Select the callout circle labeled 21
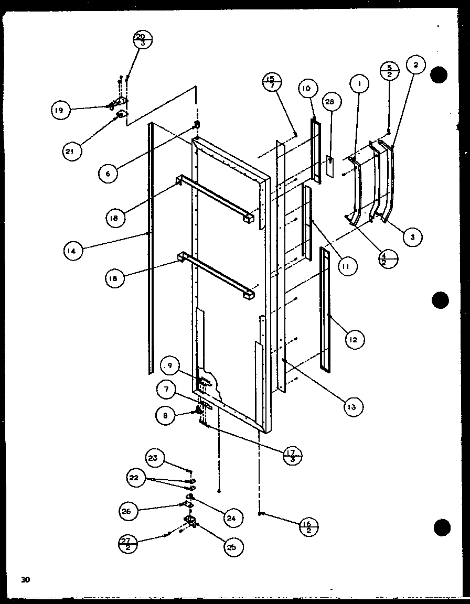click(x=73, y=152)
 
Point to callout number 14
click(x=73, y=251)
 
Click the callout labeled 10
click(x=307, y=89)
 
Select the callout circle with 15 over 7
click(x=272, y=82)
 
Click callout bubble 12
click(x=355, y=340)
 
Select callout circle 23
click(x=153, y=458)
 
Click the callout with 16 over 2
click(x=310, y=525)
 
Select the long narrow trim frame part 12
click(x=325, y=310)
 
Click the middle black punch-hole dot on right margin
click(x=441, y=301)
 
